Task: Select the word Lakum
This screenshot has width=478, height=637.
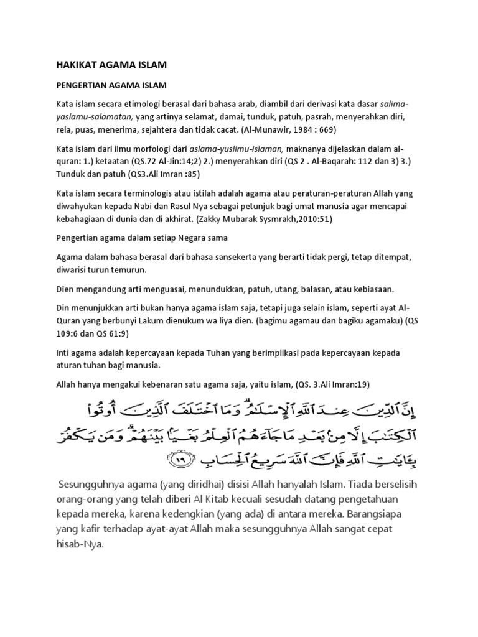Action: pos(195,322)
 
